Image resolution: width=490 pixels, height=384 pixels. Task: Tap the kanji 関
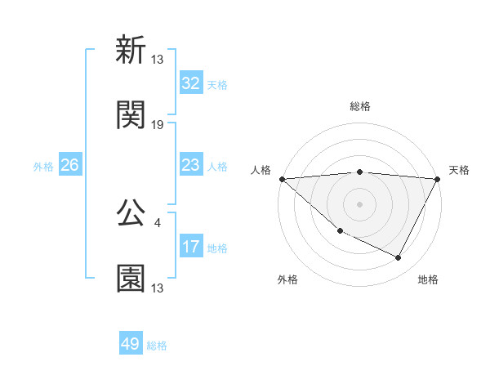[x=131, y=116]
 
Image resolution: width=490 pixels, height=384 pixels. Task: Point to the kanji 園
[x=131, y=279]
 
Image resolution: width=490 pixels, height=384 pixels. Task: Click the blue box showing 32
[x=190, y=83]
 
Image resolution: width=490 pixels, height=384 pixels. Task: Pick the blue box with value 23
[x=190, y=165]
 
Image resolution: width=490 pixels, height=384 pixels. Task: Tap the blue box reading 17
[x=190, y=247]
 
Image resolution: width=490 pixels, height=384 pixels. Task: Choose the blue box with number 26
[x=69, y=165]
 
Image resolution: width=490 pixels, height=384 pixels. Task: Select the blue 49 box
[x=130, y=344]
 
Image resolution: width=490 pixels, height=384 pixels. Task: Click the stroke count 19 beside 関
[x=158, y=125]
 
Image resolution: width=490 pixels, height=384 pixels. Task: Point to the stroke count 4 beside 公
[x=157, y=221]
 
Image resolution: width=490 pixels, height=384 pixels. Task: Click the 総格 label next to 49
[x=157, y=346]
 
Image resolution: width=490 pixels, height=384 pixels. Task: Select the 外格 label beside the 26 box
[x=43, y=167]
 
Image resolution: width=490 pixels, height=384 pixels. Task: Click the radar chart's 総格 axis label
[x=359, y=106]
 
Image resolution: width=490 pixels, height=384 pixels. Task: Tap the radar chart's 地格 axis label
[x=428, y=279]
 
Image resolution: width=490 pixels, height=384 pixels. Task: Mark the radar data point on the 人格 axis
[x=282, y=179]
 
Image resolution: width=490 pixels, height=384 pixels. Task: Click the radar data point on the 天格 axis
[x=437, y=179]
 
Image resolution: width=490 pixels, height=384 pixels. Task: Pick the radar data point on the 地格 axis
[x=399, y=258]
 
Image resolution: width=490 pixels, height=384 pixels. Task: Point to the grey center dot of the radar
[x=359, y=204]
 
